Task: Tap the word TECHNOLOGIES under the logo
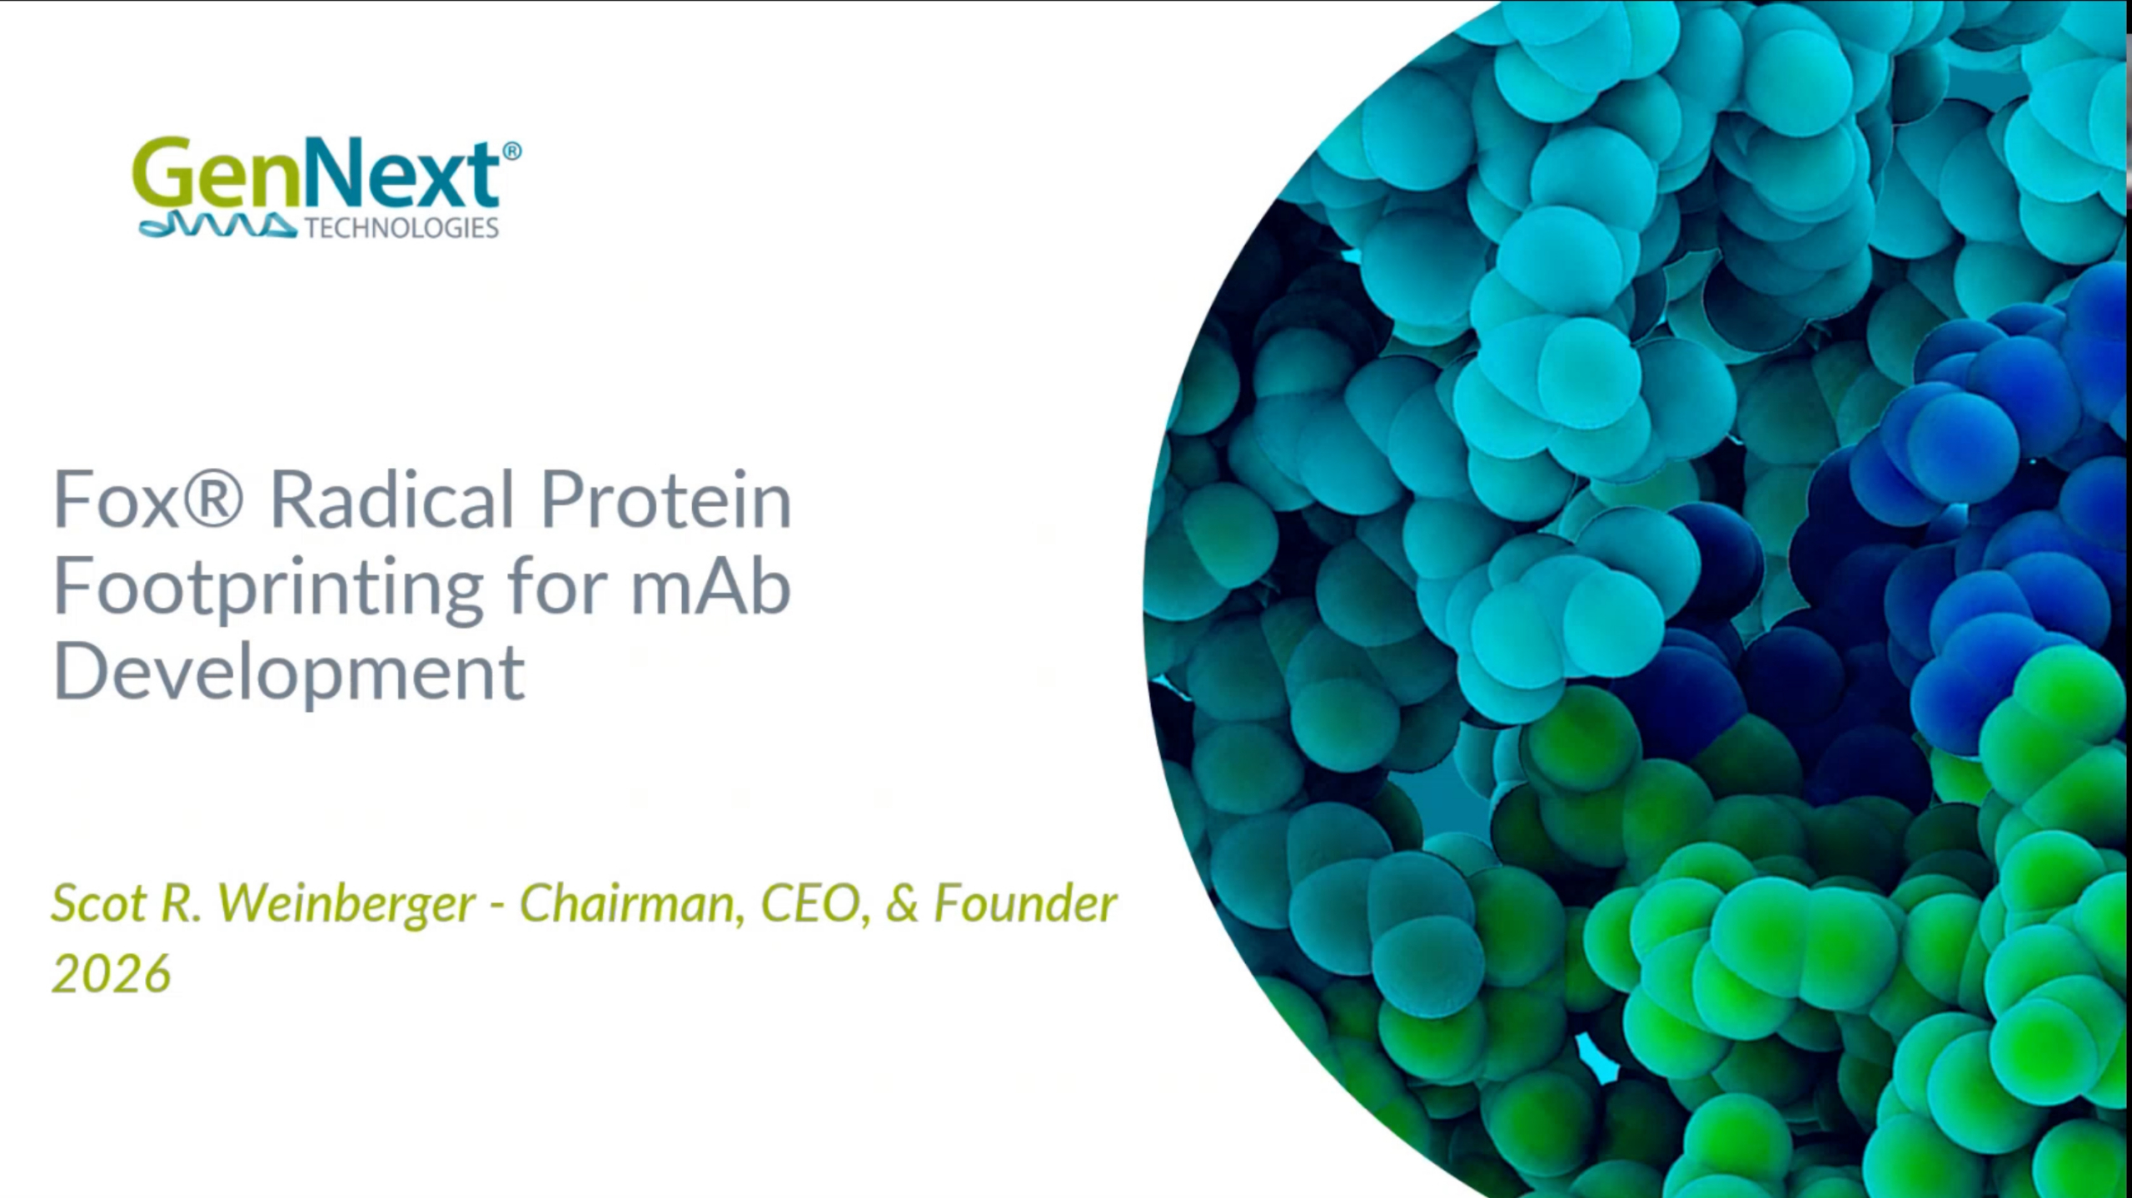click(402, 228)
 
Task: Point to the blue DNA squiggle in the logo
click(217, 226)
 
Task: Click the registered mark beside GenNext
click(512, 151)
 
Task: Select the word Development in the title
click(289, 674)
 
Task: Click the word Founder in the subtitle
click(1025, 903)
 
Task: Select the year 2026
click(112, 973)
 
